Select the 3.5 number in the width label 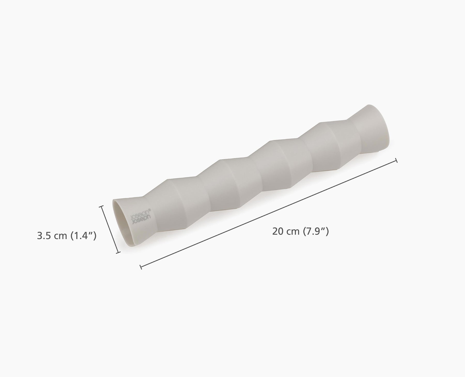tap(43, 236)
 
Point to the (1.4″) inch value tap(83, 236)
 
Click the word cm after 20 tap(292, 232)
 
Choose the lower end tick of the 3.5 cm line tap(118, 252)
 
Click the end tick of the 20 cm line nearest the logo tap(141, 267)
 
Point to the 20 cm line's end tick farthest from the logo tap(396, 161)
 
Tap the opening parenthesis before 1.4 tap(72, 236)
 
